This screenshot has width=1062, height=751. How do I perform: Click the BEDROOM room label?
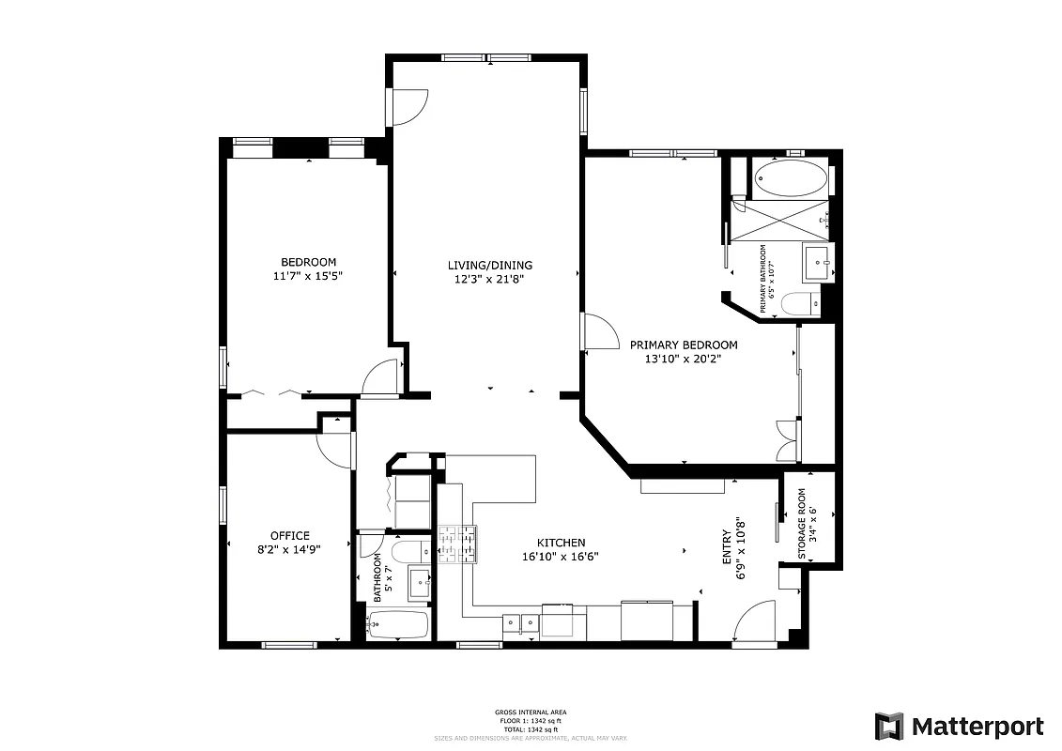[x=308, y=262]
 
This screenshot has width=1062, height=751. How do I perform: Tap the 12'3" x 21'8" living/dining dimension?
[x=489, y=279]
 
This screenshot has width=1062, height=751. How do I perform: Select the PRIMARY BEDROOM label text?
[x=683, y=345]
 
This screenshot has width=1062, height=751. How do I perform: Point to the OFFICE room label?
[x=289, y=536]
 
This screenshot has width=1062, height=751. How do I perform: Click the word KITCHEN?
[x=561, y=543]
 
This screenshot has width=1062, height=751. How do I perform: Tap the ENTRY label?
[x=727, y=547]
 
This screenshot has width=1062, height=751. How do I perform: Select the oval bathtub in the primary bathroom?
[x=790, y=178]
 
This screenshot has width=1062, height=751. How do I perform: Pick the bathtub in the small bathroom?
[x=397, y=624]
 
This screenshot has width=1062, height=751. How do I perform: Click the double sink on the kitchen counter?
[x=519, y=622]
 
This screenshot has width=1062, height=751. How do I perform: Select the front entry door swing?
[x=756, y=625]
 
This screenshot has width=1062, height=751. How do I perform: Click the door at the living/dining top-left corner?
[x=409, y=106]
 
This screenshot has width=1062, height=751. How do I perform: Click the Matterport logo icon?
[x=888, y=727]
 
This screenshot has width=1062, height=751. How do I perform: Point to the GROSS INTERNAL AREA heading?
[x=531, y=713]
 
